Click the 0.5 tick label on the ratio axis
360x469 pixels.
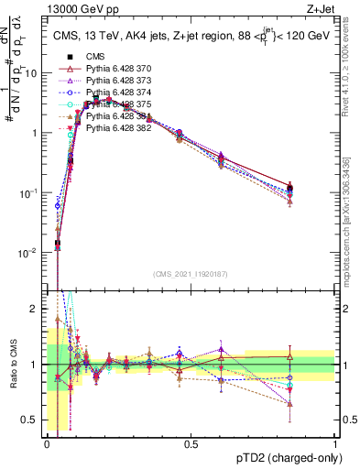pyautogui.click(x=31, y=420)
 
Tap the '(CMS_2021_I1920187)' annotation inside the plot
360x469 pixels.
pyautogui.click(x=191, y=274)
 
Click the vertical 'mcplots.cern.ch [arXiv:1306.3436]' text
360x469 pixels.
pyautogui.click(x=351, y=220)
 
